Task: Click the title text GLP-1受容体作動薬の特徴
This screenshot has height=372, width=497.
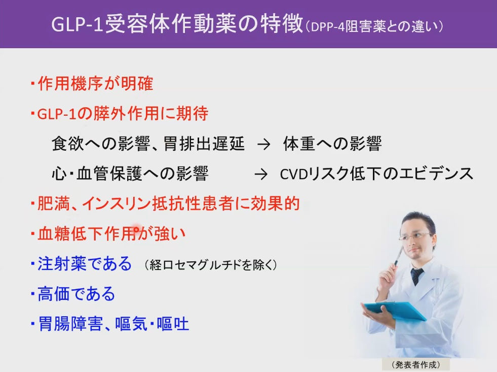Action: [x=177, y=24]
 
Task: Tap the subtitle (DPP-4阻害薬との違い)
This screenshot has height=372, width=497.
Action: [x=374, y=26]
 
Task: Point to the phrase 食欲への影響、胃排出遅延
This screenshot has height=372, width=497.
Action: [x=148, y=144]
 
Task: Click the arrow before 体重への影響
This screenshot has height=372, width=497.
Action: [x=264, y=145]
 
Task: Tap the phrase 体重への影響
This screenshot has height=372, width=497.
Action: [x=332, y=144]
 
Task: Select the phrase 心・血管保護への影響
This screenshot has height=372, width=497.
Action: [x=130, y=174]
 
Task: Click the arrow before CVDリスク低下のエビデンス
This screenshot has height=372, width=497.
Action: [x=261, y=174]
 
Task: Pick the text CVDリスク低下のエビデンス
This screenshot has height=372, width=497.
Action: [x=376, y=174]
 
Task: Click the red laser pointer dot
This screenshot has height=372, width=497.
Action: [x=136, y=227]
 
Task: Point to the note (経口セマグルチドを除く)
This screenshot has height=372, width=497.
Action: [x=211, y=265]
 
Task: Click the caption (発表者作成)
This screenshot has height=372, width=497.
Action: [x=416, y=365]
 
